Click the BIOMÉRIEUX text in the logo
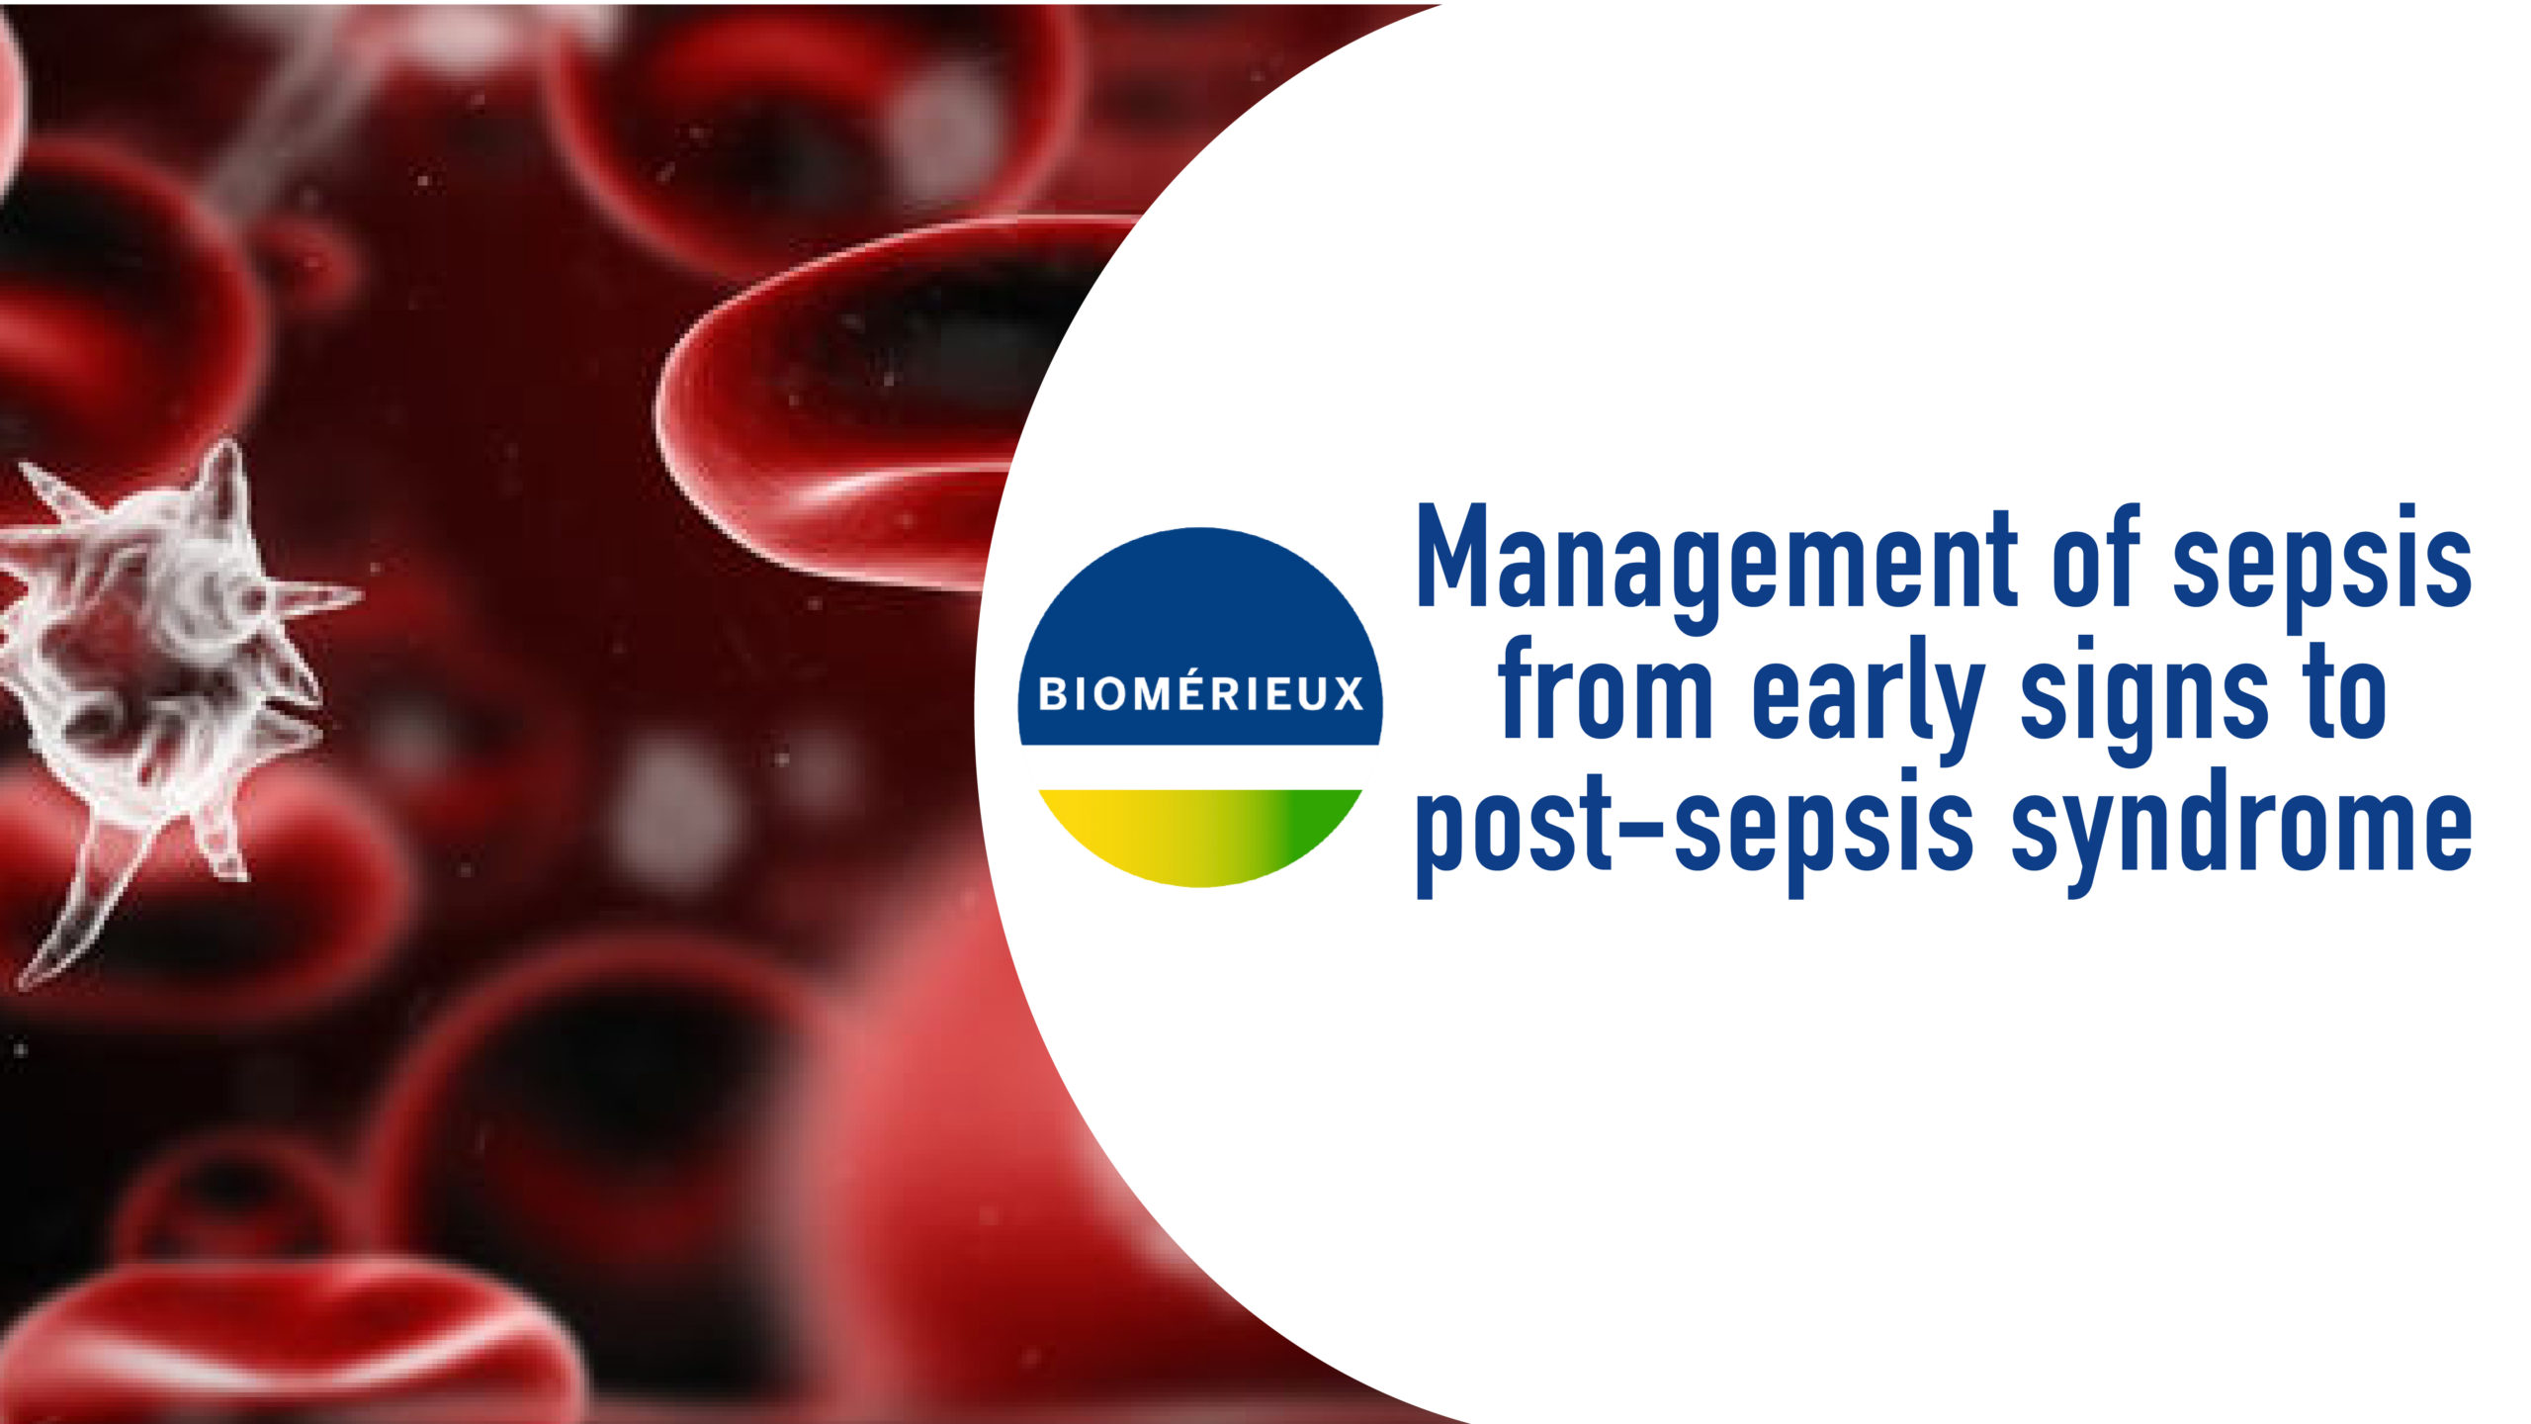[1200, 694]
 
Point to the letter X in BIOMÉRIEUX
[1347, 694]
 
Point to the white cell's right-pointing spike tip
[356, 596]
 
